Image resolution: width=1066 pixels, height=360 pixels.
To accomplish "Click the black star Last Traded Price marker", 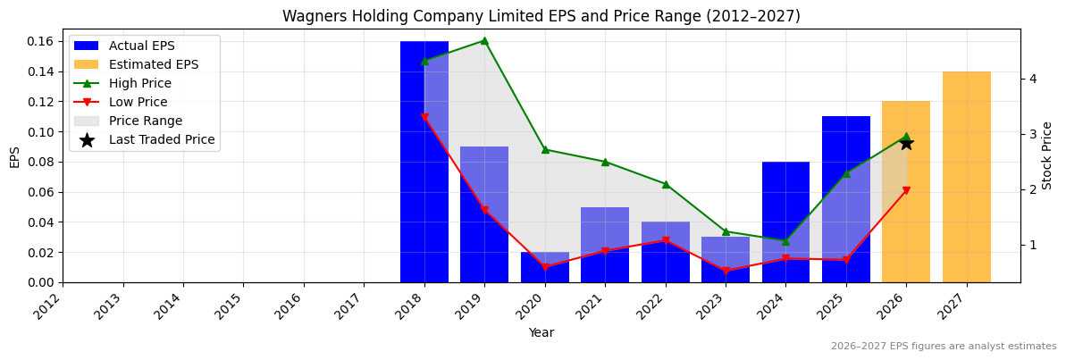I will tap(906, 143).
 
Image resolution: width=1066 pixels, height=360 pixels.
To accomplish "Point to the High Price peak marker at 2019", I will tap(484, 40).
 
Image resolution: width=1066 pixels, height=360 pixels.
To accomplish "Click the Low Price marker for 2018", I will tap(424, 117).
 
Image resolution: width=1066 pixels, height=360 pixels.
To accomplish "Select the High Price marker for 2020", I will tap(545, 149).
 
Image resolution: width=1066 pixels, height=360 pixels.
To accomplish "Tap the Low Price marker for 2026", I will tap(906, 190).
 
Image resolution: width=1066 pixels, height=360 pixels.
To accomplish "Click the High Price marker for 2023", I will tap(726, 231).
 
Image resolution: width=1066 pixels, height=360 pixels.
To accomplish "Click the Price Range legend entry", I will tap(145, 121).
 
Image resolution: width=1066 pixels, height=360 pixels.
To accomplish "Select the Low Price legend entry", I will tap(138, 102).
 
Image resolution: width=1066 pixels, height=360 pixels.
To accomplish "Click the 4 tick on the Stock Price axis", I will tap(1032, 79).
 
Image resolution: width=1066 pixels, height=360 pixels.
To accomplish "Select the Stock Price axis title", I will tap(1047, 155).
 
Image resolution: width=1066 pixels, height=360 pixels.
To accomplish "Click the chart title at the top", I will tap(541, 16).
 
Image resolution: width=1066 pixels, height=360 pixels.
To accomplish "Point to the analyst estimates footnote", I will tap(943, 347).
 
